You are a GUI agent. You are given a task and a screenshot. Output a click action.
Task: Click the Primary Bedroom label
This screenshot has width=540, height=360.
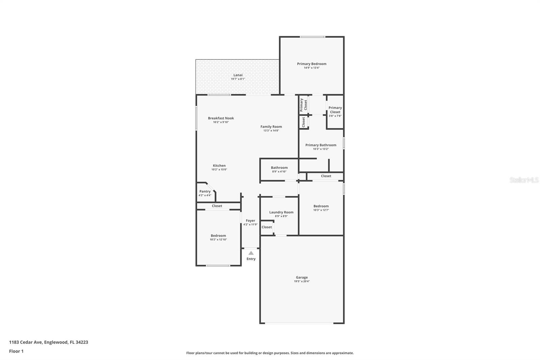(x=312, y=64)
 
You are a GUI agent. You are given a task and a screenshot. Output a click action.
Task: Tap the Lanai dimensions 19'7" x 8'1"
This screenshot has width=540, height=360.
(x=238, y=79)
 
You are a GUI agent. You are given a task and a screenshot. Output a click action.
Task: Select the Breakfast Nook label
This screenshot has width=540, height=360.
(x=221, y=118)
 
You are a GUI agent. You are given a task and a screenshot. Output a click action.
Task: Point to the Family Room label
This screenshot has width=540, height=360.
(x=271, y=126)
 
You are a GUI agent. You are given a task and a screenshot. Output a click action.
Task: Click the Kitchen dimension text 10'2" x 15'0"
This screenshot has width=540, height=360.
(x=219, y=170)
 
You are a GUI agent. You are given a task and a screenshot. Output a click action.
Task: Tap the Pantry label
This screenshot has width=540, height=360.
(x=205, y=191)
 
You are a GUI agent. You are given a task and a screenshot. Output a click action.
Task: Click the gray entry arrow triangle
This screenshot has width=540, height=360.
(x=251, y=253)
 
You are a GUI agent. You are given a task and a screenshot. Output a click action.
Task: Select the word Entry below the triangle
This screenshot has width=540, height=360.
(x=251, y=259)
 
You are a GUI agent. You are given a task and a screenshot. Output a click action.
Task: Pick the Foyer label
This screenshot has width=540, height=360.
(x=250, y=221)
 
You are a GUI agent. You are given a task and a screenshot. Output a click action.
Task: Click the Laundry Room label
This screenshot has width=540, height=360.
(x=281, y=212)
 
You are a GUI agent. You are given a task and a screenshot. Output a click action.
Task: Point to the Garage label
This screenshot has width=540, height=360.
(x=302, y=278)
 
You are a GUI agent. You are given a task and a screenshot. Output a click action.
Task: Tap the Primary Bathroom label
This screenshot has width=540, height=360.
(x=321, y=145)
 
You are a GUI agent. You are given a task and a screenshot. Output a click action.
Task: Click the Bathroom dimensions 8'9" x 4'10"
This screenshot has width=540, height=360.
(x=279, y=172)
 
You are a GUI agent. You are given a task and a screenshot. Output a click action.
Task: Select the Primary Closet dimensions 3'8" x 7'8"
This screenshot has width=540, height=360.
(x=335, y=116)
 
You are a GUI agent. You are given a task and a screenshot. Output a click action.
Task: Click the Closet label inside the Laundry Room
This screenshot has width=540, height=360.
(x=267, y=227)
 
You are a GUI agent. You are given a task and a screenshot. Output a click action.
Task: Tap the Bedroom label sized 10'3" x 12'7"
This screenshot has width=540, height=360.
(x=321, y=206)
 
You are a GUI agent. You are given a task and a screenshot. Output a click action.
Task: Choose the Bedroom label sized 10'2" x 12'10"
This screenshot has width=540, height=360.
(x=218, y=235)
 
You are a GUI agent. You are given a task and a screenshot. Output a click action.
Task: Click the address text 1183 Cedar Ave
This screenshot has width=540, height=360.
(x=26, y=342)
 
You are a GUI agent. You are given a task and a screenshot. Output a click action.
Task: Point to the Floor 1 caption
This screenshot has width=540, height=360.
(x=16, y=351)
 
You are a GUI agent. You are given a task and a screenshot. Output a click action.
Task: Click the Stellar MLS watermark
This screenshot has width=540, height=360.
(x=524, y=180)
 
